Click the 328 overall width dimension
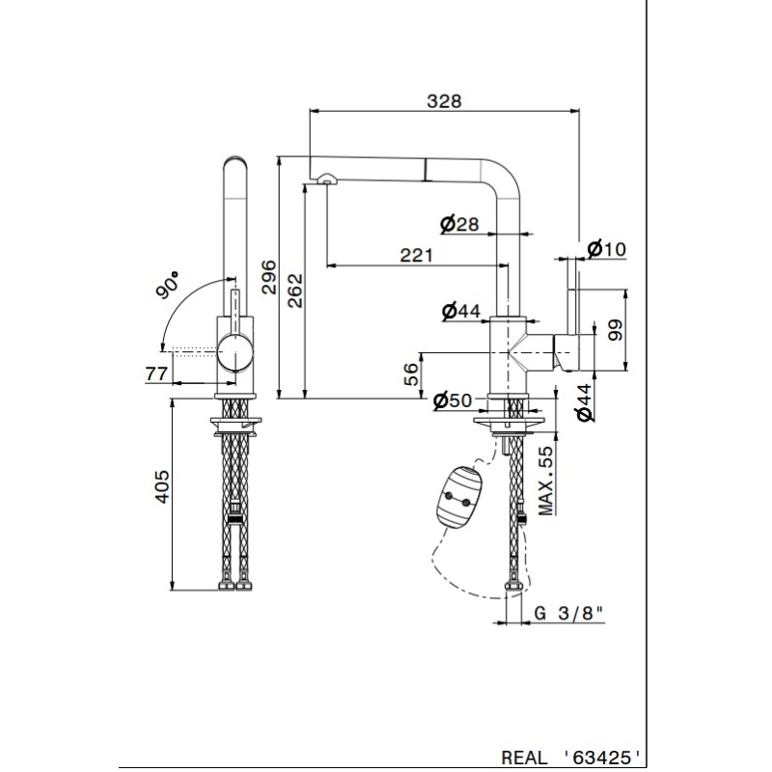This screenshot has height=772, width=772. [444, 100]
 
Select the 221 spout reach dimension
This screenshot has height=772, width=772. [415, 255]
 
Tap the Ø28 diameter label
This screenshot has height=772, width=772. [459, 225]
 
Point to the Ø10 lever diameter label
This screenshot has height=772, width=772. [606, 249]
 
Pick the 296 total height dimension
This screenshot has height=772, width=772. [268, 276]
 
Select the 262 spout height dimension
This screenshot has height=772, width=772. [295, 290]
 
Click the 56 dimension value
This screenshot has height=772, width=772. [410, 374]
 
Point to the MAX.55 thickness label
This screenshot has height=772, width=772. [546, 481]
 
